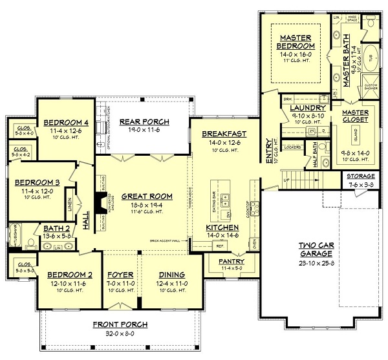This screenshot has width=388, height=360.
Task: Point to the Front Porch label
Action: point(120,324)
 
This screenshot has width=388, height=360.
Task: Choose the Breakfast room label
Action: point(221,134)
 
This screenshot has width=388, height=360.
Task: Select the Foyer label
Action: point(120,274)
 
